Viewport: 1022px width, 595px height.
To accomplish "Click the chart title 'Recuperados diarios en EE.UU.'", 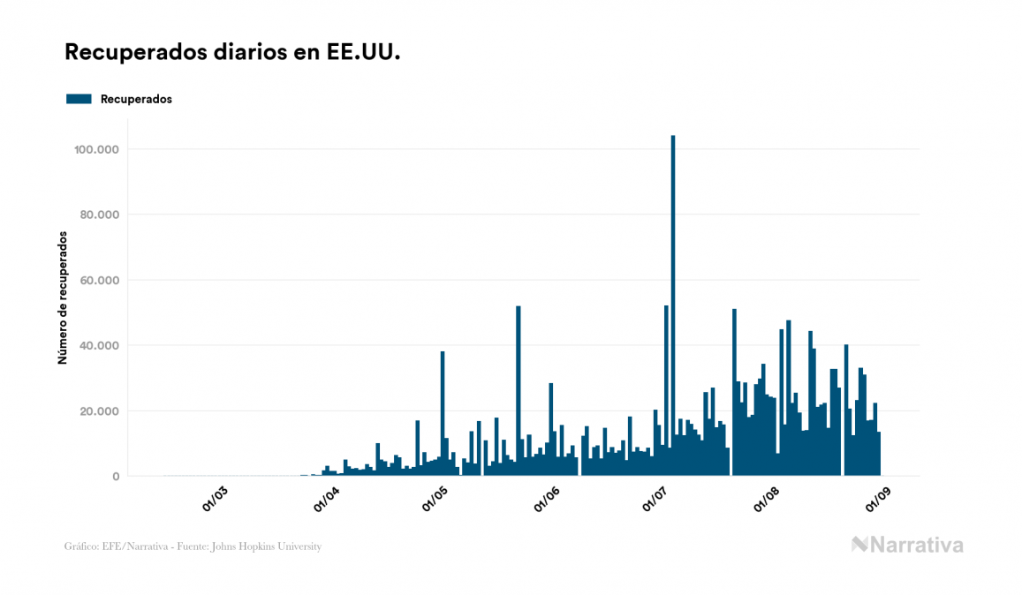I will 232,52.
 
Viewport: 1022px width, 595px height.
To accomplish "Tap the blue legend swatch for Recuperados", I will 79,99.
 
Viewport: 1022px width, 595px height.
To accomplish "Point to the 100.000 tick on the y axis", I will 97,149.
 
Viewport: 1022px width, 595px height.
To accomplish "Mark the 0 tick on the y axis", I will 116,477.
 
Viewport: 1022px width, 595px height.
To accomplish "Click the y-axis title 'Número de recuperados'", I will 63,297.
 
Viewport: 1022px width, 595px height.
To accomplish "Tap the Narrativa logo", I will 907,545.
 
